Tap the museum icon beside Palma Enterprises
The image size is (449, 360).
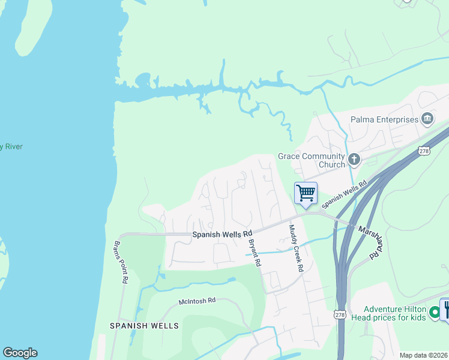(x=427, y=118)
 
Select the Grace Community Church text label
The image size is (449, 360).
(x=311, y=160)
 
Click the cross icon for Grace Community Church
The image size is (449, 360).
(x=354, y=159)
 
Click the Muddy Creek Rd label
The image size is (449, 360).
(x=295, y=248)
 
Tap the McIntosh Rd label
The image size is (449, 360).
(x=196, y=301)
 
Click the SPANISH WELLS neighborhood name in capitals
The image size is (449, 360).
(x=144, y=326)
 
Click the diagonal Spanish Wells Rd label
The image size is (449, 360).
(x=345, y=196)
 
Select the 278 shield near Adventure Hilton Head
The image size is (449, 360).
(x=339, y=315)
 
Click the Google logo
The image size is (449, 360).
(x=20, y=353)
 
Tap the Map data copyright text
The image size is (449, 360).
(x=424, y=355)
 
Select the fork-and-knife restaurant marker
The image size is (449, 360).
(x=445, y=309)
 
